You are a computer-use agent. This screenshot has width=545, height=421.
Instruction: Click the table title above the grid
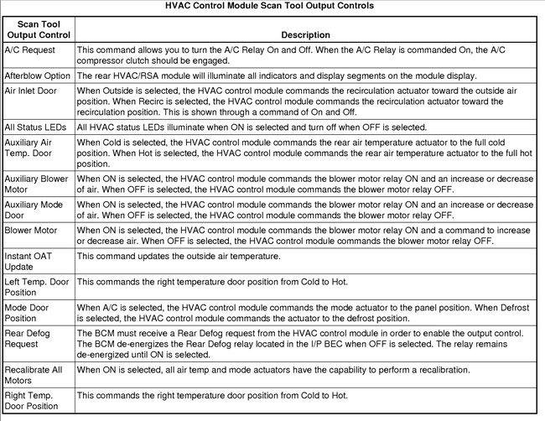point(272,6)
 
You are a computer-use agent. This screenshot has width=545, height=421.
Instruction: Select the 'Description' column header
point(305,35)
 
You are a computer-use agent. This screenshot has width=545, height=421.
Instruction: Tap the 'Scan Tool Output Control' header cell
point(39,30)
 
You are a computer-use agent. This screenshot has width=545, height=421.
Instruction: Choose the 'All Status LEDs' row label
point(38,127)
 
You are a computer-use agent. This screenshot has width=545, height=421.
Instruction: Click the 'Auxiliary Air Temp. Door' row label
point(34,148)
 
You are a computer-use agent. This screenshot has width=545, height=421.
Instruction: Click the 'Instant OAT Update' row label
point(29,260)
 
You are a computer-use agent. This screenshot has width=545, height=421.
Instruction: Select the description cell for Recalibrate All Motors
point(273,369)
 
